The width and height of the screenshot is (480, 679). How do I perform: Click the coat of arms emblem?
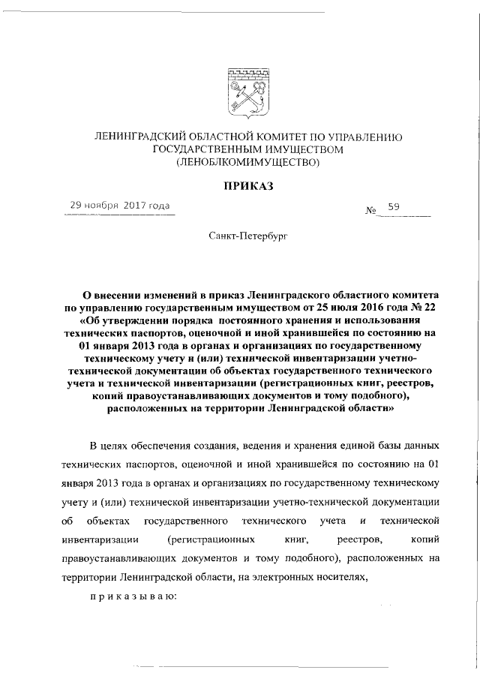click(x=247, y=95)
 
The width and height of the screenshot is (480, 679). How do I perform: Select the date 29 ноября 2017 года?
click(x=120, y=205)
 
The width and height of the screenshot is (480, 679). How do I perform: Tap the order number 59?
click(x=393, y=206)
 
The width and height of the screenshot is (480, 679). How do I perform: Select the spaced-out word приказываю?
click(x=133, y=597)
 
